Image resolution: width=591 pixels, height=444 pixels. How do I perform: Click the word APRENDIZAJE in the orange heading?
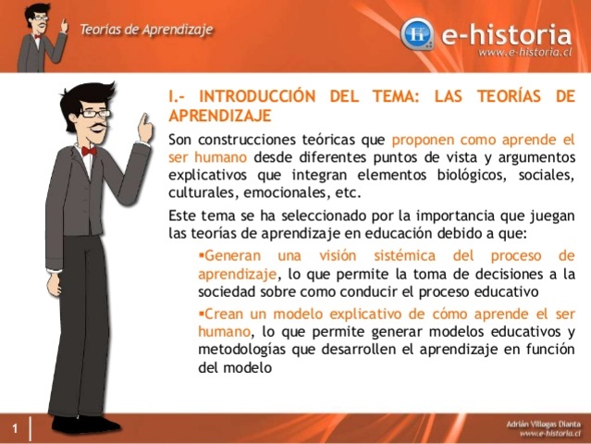219,116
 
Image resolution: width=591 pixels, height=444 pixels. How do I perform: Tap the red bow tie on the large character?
89,151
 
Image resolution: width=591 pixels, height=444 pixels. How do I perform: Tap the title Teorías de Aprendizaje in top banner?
145,29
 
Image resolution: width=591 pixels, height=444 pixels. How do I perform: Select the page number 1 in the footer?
16,428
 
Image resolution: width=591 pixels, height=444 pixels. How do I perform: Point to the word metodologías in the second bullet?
243,350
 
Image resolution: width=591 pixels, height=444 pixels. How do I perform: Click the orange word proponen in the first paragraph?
426,140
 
